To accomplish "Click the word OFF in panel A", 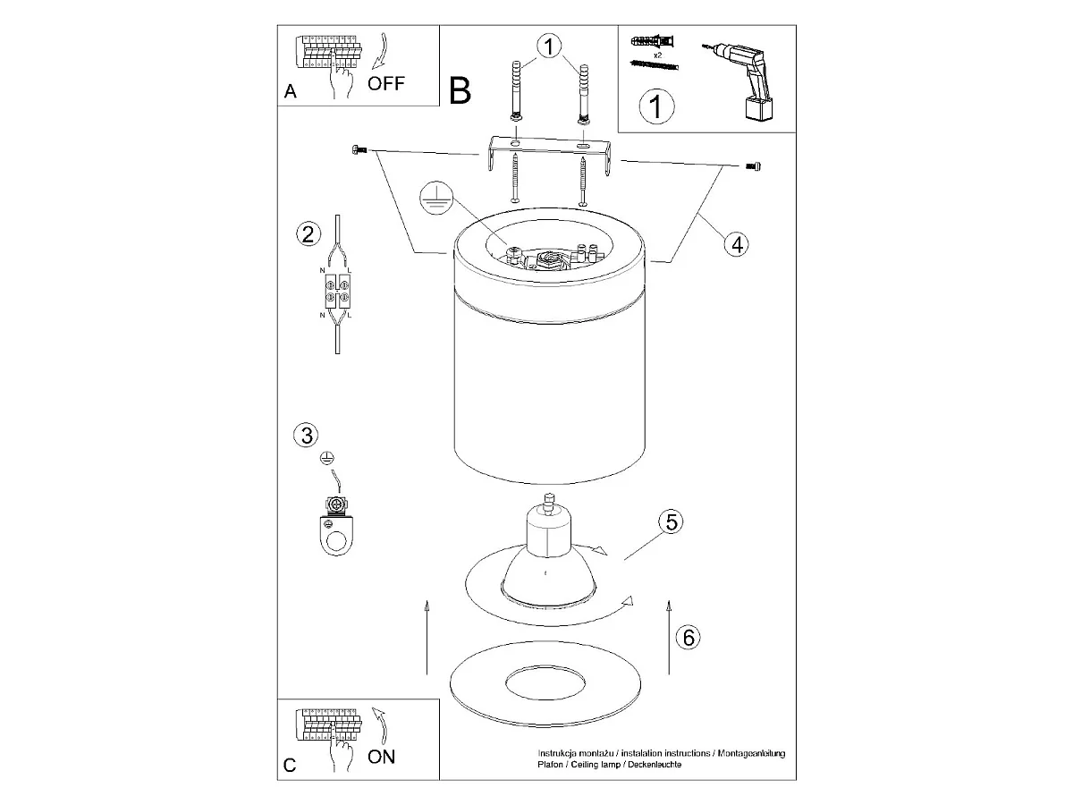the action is pos(385,83).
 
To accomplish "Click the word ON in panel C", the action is pos(381,757).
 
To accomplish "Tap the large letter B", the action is pos(460,90).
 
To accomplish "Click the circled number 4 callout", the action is pos(737,244).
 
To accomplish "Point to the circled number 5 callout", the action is pos(672,522).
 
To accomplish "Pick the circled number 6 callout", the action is pos(688,638).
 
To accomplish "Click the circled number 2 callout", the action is pos(308,234).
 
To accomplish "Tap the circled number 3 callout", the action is pos(306,436).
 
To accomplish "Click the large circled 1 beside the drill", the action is pos(656,106).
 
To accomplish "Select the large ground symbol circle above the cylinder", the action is pos(435,198).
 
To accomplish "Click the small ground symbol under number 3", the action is pos(327,458).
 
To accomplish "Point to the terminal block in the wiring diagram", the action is pos(337,292).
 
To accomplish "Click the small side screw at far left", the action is pos(359,149).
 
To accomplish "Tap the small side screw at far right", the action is pos(753,166).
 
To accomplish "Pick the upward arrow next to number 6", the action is pos(669,638).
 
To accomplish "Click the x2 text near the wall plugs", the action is pos(657,55).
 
